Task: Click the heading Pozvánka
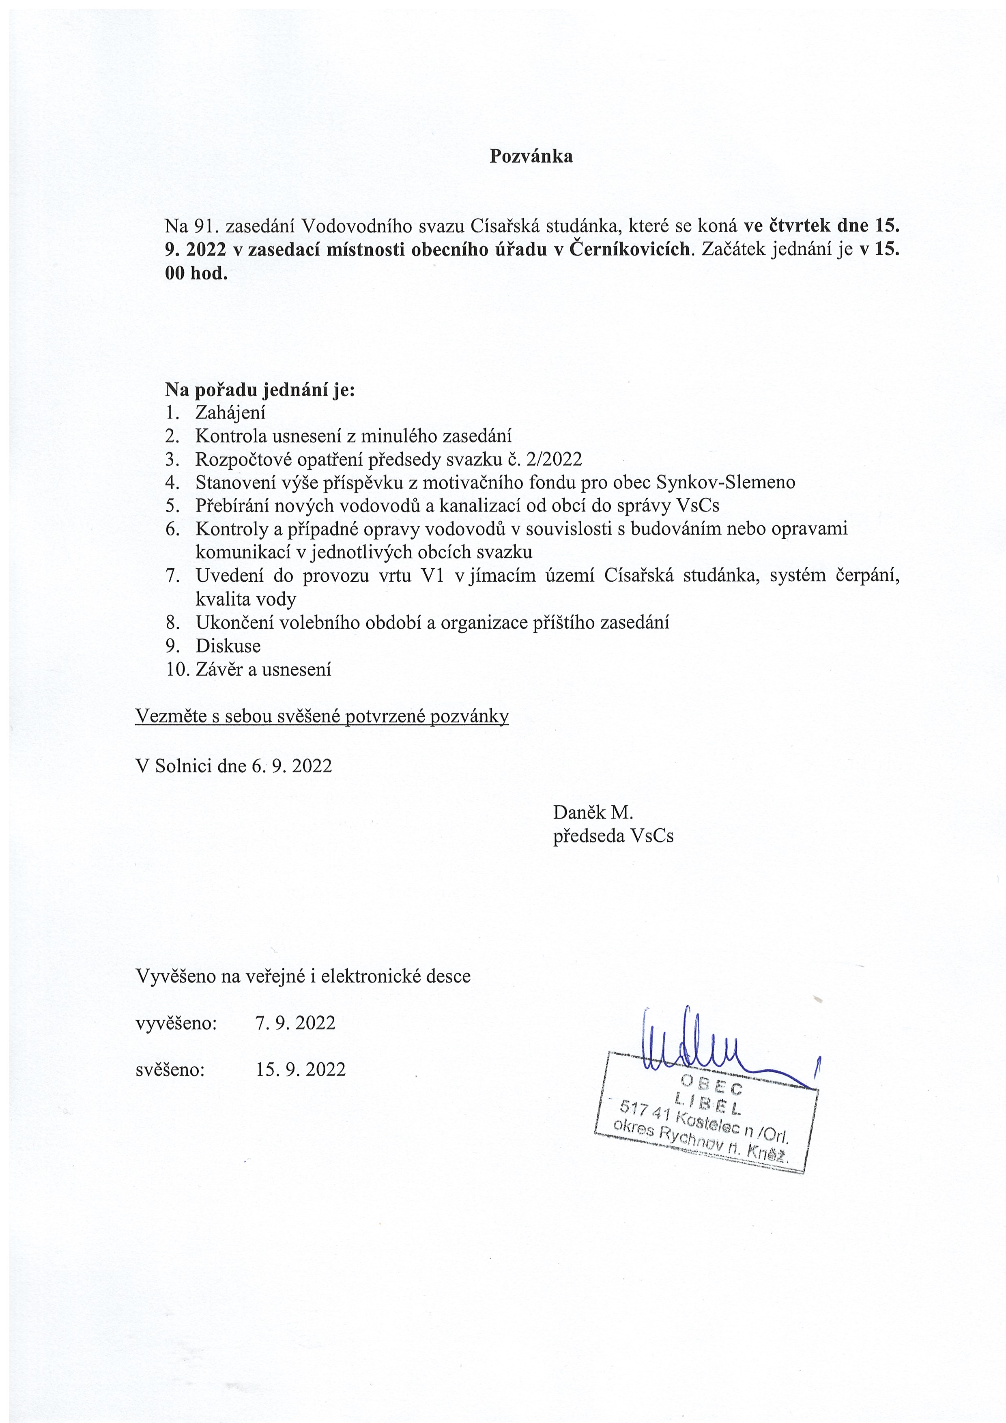click(531, 156)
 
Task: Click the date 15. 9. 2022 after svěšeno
click(301, 1069)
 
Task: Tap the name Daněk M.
click(593, 812)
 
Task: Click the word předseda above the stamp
click(589, 836)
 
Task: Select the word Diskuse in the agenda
click(228, 646)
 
